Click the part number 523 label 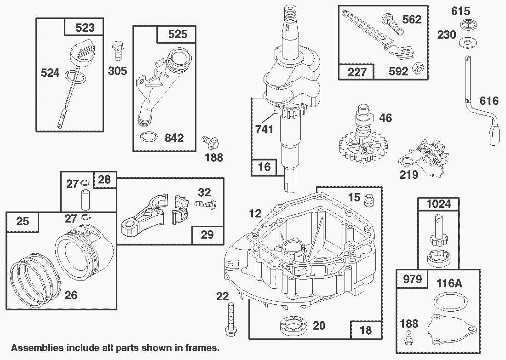[x=85, y=28]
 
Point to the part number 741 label [x=264, y=129]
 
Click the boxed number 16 [x=264, y=166]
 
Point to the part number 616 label [x=489, y=100]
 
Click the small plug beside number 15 [x=368, y=201]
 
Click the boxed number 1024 [x=438, y=204]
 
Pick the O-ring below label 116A [x=447, y=303]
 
